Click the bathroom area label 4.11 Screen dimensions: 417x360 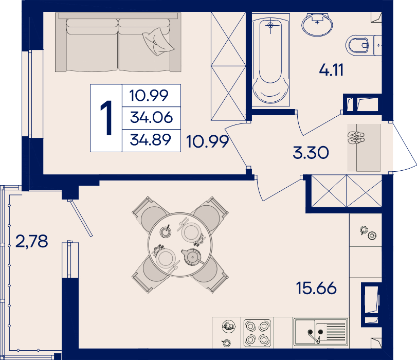(331, 70)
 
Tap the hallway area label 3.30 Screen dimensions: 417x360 (311, 153)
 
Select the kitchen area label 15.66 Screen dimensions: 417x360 (316, 288)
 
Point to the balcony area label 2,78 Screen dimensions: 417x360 (32, 241)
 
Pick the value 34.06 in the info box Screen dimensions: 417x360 (151, 117)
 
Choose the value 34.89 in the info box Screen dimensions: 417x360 (151, 140)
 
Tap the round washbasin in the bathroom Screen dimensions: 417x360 (317, 25)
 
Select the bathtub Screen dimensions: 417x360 (271, 60)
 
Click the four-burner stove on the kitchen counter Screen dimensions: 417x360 (257, 333)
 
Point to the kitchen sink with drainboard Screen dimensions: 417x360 (321, 332)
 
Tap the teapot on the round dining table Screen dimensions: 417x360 (192, 257)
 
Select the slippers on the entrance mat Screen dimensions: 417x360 (356, 137)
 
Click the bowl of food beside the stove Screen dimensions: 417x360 (229, 326)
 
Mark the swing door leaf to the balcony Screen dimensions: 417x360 (81, 218)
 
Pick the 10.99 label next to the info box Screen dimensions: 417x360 (207, 141)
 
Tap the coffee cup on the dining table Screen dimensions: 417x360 (166, 231)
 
